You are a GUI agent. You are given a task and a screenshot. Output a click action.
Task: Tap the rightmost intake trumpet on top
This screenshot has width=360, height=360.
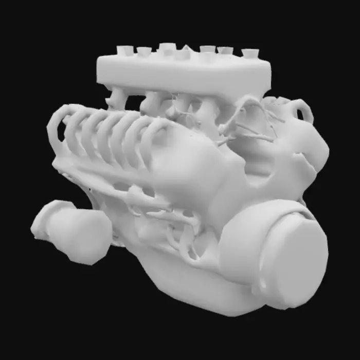pos(250,53)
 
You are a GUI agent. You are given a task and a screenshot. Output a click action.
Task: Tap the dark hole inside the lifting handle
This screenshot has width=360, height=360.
pos(300,114)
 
